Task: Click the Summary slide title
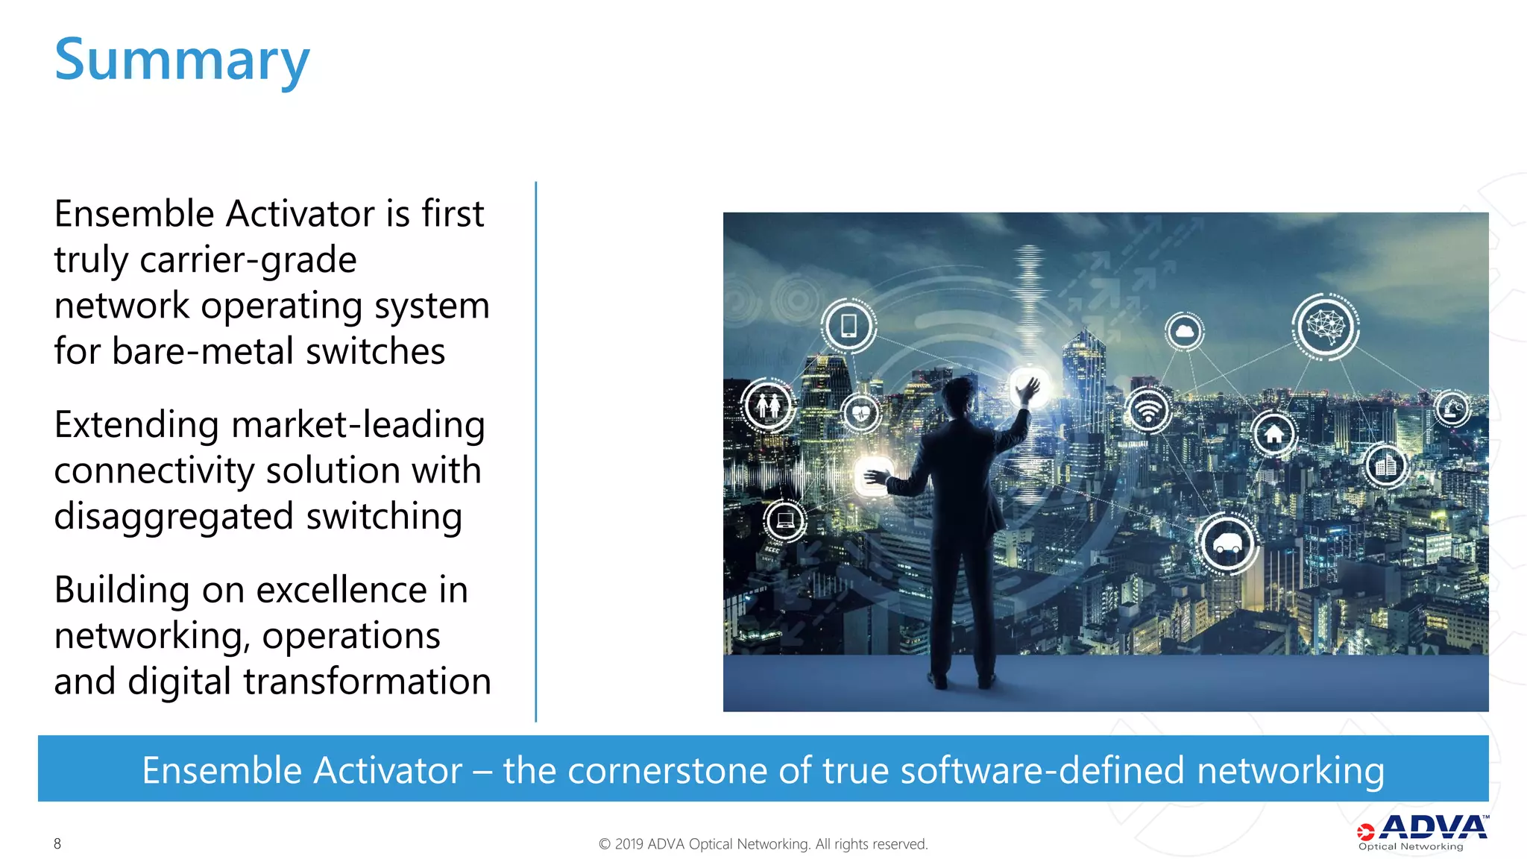[182, 60]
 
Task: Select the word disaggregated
[174, 517]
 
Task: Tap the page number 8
[57, 843]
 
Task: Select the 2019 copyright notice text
[763, 844]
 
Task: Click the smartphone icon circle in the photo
[848, 326]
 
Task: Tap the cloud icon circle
[1184, 330]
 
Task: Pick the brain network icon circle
[1325, 326]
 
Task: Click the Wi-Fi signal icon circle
[1148, 411]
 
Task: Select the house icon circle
[1273, 434]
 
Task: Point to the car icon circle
[1227, 544]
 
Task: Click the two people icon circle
[768, 406]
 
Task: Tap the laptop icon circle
[785, 520]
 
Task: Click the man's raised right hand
[1029, 389]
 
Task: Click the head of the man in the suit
[959, 395]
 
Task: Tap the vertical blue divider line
[535, 451]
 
